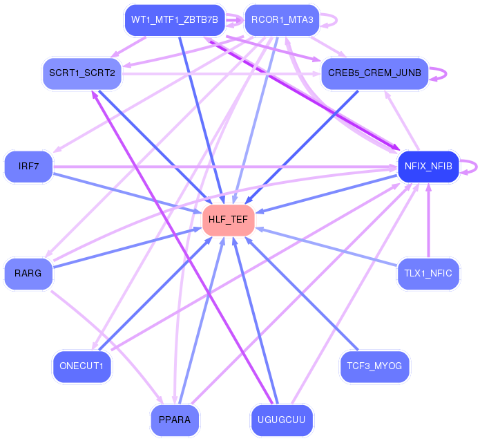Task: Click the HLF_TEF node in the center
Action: point(229,220)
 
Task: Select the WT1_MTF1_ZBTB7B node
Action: point(174,19)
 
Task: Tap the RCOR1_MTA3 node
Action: point(282,19)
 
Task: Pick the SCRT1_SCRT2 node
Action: point(82,73)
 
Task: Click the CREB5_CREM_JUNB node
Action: point(375,73)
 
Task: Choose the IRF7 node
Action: point(28,167)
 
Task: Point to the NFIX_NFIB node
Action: point(429,167)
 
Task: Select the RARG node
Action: point(28,273)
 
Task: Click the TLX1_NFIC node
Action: point(428,273)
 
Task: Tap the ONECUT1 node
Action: point(81,366)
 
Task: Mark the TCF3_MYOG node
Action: point(375,366)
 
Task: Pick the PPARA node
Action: point(175,420)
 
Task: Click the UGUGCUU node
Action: point(281,420)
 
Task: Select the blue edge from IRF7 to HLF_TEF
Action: point(124,193)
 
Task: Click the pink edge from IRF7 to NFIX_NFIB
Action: point(207,167)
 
